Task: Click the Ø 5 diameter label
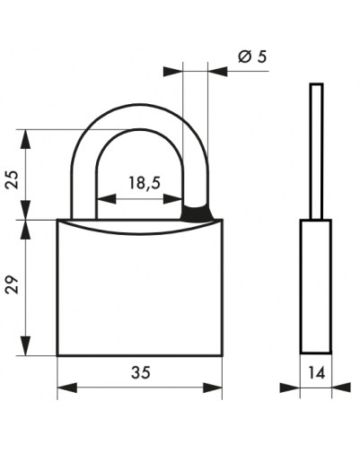[252, 57]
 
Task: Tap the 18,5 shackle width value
[145, 183]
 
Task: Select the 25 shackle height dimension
[13, 179]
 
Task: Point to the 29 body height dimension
[13, 285]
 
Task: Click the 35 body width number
[141, 372]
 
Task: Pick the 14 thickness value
[316, 373]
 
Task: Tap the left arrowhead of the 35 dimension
[67, 388]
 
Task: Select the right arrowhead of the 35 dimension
[213, 388]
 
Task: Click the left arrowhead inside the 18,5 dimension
[107, 198]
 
